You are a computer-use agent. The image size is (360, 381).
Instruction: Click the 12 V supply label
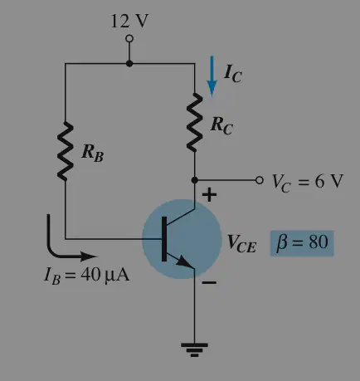(x=129, y=21)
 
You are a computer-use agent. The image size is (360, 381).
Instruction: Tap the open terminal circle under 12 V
(x=129, y=38)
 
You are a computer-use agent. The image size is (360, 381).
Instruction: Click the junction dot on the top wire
(x=129, y=64)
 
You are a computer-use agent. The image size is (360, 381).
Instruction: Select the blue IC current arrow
(x=212, y=76)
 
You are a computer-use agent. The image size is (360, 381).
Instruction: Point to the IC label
(x=232, y=73)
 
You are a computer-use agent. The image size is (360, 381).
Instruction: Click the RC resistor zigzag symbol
(x=195, y=122)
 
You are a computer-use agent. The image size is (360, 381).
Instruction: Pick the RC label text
(x=221, y=125)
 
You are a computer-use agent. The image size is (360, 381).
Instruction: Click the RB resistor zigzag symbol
(x=66, y=151)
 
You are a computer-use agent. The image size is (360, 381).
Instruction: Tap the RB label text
(x=93, y=153)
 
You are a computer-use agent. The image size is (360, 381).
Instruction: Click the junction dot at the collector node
(x=195, y=180)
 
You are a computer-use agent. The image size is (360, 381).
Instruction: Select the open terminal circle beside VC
(x=259, y=180)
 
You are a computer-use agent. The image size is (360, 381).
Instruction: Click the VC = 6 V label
(x=308, y=182)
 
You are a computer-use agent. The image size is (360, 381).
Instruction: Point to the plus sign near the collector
(x=209, y=195)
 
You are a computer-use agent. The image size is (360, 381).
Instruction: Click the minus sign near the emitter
(x=209, y=282)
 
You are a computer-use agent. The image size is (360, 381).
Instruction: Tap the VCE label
(x=241, y=243)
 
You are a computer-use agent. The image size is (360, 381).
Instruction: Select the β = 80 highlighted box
(x=302, y=243)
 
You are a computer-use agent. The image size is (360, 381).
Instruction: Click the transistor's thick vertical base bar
(x=164, y=239)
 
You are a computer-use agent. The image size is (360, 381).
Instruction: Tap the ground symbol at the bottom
(x=194, y=349)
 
